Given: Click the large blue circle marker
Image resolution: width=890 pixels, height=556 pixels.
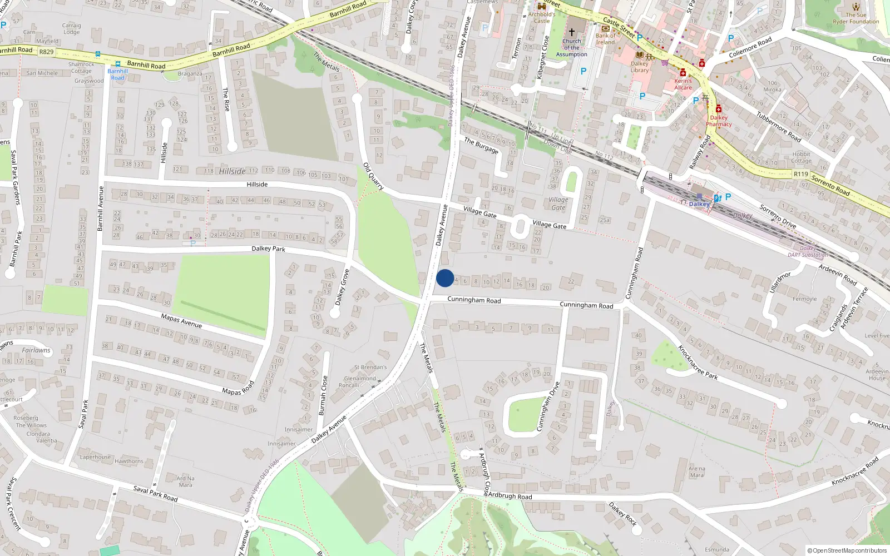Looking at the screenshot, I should [445, 278].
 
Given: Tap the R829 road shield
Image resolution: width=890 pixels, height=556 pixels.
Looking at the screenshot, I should [46, 52].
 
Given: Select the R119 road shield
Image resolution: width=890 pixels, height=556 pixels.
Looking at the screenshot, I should [800, 174].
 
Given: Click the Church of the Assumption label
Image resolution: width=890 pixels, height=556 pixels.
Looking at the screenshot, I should [571, 48].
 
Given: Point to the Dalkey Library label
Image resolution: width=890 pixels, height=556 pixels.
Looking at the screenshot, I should [640, 67].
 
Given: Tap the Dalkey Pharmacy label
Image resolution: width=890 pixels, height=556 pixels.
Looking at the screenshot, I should [719, 121].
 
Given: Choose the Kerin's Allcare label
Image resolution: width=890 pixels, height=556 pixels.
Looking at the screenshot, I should [683, 84].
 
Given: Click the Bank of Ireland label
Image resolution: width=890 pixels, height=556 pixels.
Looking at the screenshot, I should [606, 39].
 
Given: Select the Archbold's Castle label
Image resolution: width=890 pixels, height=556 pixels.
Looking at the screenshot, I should [541, 18].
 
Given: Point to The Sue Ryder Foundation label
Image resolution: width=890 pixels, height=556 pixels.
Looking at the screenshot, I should [856, 18].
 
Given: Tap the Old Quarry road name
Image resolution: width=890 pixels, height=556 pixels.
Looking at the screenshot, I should [373, 176].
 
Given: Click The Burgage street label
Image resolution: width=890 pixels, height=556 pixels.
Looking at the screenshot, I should [481, 145].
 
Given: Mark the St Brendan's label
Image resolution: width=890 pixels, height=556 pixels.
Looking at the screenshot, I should [370, 368].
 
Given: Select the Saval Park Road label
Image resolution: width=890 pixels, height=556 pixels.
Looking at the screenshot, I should [156, 493].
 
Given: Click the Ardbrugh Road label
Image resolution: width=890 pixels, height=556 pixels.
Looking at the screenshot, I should [510, 496].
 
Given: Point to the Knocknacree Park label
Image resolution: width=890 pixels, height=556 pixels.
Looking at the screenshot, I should [698, 362].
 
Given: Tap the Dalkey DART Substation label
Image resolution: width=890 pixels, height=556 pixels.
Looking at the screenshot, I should [808, 252].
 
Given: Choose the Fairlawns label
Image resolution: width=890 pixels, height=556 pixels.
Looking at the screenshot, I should [36, 350].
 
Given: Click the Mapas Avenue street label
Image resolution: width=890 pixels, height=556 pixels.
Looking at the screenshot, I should [181, 320].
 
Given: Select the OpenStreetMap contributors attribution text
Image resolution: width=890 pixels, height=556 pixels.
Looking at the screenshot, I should [847, 550].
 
